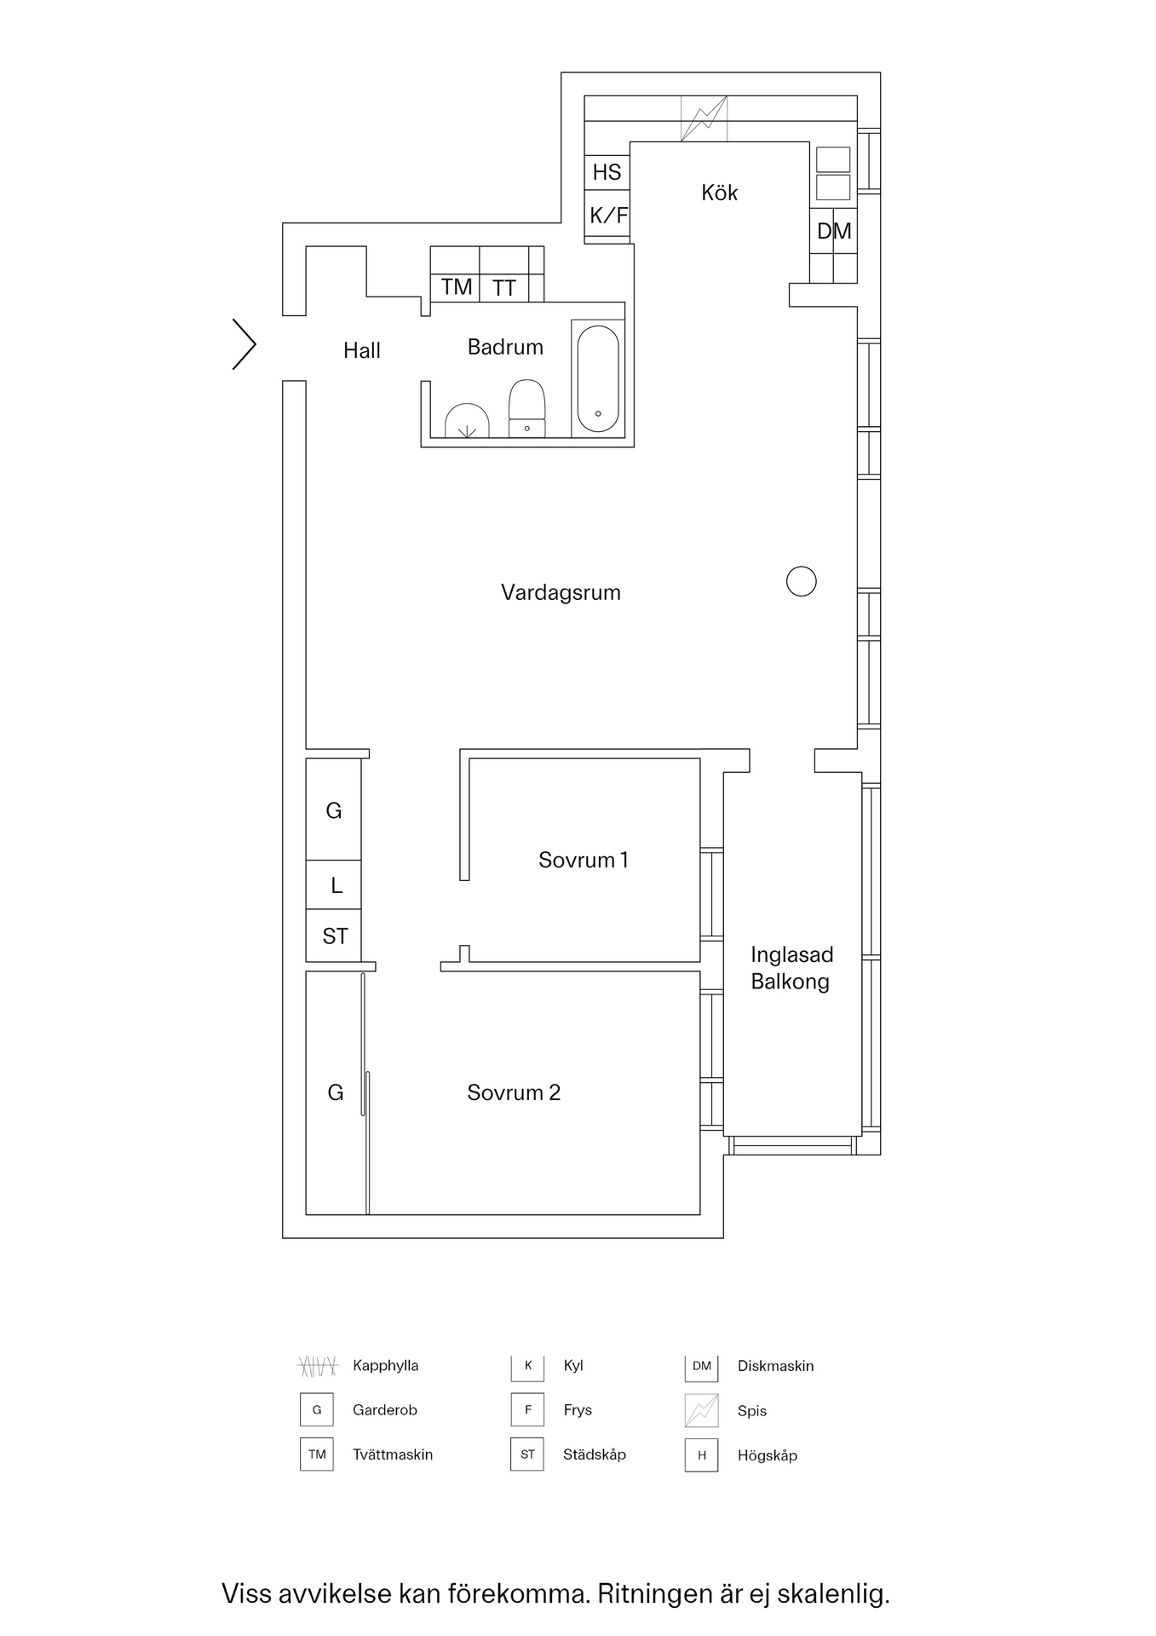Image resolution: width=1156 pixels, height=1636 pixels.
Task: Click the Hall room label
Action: pyautogui.click(x=361, y=350)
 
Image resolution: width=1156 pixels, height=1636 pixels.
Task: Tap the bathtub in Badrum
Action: pyautogui.click(x=598, y=378)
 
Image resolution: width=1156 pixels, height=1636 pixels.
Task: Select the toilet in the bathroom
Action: pyautogui.click(x=526, y=407)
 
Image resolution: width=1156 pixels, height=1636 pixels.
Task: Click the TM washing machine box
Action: pyautogui.click(x=456, y=287)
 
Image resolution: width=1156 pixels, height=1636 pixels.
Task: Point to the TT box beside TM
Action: pyautogui.click(x=504, y=288)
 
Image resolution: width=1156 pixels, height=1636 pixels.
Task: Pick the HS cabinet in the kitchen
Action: pyautogui.click(x=607, y=172)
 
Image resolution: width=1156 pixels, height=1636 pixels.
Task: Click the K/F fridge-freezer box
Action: pyautogui.click(x=607, y=216)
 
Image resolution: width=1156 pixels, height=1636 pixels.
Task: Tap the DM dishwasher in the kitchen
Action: pyautogui.click(x=833, y=231)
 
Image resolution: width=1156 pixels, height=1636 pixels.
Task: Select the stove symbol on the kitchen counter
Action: pyautogui.click(x=704, y=118)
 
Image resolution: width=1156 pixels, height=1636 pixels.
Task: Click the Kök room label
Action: pyautogui.click(x=719, y=193)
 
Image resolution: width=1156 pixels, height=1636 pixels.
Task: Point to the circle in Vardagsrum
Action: pyautogui.click(x=801, y=581)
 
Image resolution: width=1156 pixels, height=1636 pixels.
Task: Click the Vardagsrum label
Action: pyautogui.click(x=561, y=592)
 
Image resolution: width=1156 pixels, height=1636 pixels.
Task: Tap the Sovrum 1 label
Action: pyautogui.click(x=584, y=860)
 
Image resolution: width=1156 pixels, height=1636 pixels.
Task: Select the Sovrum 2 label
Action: pyautogui.click(x=514, y=1092)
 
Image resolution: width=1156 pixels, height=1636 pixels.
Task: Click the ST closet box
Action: pyautogui.click(x=334, y=936)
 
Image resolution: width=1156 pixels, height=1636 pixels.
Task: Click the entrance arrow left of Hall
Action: pyautogui.click(x=244, y=344)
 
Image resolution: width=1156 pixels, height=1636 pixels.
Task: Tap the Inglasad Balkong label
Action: pyautogui.click(x=791, y=968)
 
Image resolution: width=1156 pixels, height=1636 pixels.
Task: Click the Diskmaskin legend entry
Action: pyautogui.click(x=775, y=1366)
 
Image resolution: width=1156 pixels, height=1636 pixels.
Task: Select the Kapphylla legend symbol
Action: pyautogui.click(x=318, y=1366)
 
